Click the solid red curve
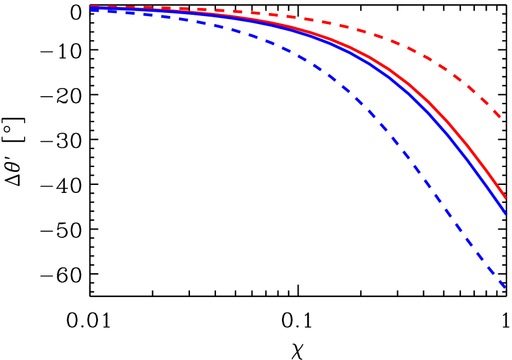(432, 105)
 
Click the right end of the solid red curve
(506, 198)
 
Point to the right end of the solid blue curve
(506, 213)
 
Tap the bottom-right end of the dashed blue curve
(506, 287)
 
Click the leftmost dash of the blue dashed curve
(94, 9)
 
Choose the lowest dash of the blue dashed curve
(498, 280)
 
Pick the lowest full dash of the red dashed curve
(497, 114)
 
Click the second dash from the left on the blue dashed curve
(112, 10)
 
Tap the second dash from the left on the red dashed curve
(112, 7)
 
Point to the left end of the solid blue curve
(91, 9)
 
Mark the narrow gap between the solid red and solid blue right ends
(506, 206)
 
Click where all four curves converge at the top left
(93, 8)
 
